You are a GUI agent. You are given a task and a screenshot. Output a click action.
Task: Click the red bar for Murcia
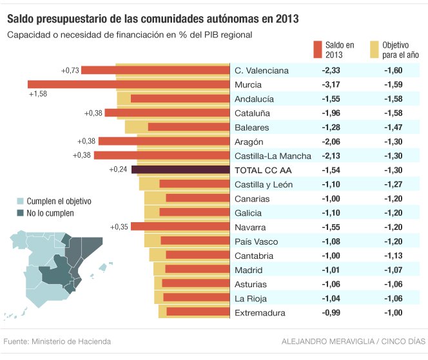pos(129,84)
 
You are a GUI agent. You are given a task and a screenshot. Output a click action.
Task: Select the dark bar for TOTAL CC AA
pos(180,170)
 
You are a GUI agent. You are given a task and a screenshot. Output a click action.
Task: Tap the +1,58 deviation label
pos(38,94)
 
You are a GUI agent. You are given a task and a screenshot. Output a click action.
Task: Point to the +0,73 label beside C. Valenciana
pos(70,70)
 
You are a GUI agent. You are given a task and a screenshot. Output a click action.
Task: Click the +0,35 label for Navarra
pos(120,227)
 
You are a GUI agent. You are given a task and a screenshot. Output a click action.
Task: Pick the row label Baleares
pos(251,128)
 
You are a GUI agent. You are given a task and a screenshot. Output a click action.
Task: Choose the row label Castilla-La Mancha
pos(273,156)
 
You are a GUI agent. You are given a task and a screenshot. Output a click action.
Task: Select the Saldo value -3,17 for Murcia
pos(334,84)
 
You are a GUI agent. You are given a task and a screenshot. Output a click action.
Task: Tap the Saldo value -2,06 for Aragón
pos(334,142)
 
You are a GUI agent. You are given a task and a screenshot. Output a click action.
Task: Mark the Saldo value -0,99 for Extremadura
pos(334,313)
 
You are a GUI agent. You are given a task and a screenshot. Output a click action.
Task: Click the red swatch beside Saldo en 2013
pos(317,50)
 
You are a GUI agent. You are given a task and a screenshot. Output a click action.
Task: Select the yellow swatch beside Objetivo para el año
pos(373,50)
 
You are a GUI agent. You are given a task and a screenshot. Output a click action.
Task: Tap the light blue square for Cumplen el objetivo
pos(20,202)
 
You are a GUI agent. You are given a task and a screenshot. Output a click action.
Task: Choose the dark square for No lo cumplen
pos(20,213)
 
